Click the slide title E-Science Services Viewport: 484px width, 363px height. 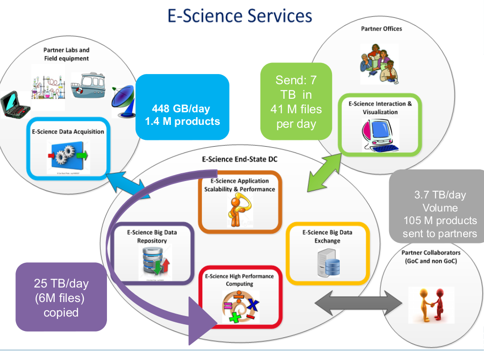[240, 15]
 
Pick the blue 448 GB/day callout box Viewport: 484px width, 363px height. [185, 115]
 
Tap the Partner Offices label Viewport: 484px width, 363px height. [381, 29]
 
